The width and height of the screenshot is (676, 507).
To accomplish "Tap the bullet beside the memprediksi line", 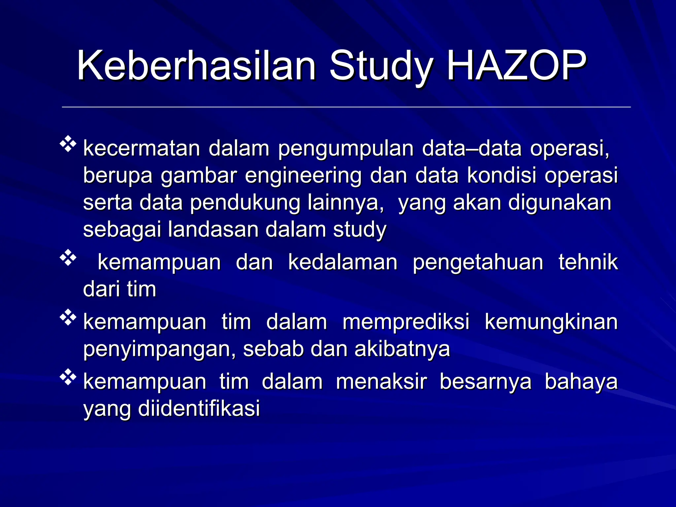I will [68, 318].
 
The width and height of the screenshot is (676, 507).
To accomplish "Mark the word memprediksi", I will [406, 322].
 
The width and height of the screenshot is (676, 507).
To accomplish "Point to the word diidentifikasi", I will [199, 409].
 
